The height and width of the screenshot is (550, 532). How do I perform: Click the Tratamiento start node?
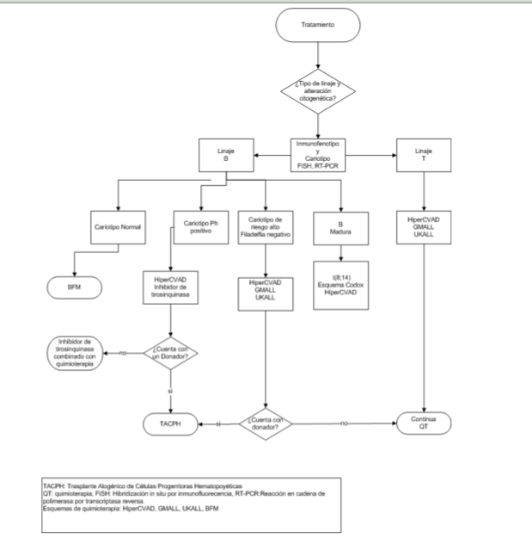(318, 25)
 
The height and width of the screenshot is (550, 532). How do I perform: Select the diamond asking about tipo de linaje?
(318, 92)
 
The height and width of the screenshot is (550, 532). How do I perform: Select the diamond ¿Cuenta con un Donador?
(173, 352)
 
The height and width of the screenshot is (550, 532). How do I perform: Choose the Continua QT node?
(424, 423)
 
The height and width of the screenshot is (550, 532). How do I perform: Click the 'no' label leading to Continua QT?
(343, 423)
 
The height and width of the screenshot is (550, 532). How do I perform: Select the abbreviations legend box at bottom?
(191, 497)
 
